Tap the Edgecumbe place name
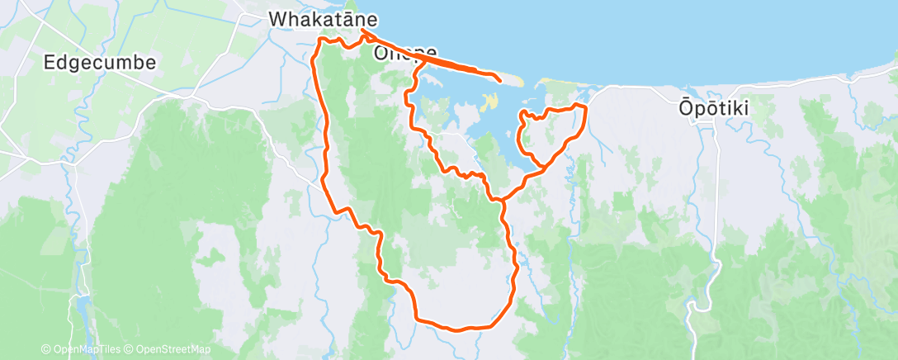point(99,62)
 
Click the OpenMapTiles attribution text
point(81,349)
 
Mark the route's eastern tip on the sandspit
point(500,79)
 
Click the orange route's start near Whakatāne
point(362,31)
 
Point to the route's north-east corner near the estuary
point(584,107)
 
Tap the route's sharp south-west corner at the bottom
point(416,318)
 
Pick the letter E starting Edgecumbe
point(48,62)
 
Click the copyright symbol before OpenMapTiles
point(45,349)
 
